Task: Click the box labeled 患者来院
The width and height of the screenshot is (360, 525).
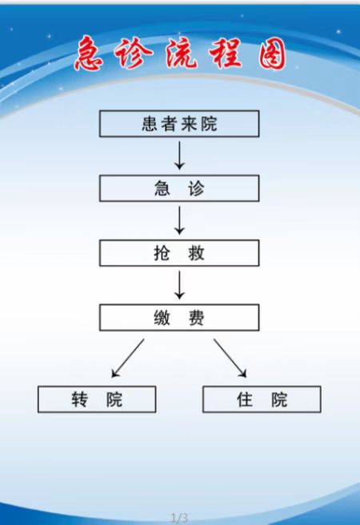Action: coord(179,123)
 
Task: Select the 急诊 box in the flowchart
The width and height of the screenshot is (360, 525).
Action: coord(179,188)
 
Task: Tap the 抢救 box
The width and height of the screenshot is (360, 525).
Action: coord(179,253)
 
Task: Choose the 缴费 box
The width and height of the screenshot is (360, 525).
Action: coord(179,318)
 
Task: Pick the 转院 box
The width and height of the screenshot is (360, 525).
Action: coord(97,399)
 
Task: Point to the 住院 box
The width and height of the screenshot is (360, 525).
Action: coord(262,399)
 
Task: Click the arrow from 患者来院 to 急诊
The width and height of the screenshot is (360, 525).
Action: coord(180,155)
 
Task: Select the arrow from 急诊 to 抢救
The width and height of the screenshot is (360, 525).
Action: coord(180,220)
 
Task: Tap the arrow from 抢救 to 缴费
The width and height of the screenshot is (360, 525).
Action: coord(180,285)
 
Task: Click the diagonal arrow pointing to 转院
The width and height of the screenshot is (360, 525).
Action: coord(128,359)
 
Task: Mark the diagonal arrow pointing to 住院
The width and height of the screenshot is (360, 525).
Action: coord(230,359)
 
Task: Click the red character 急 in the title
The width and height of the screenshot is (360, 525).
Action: coord(89,54)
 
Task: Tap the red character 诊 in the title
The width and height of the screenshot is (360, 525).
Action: coord(134,53)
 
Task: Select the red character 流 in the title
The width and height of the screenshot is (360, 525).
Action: coord(182,53)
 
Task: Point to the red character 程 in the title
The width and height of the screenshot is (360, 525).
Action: coord(226,53)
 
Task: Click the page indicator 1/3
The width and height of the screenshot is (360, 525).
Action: coord(180,518)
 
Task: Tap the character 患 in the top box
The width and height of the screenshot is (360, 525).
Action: coord(150,124)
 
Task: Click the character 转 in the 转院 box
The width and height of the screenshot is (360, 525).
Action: coord(80,399)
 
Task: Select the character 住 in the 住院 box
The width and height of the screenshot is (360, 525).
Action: coord(245,399)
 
